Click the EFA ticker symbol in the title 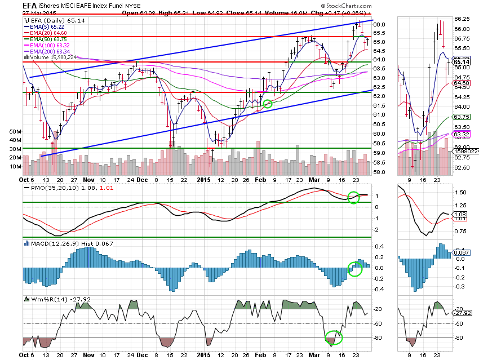11,6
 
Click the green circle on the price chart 267,104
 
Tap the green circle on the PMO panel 353,197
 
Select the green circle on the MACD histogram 354,269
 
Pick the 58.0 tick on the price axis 379,172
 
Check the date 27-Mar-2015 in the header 19,14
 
